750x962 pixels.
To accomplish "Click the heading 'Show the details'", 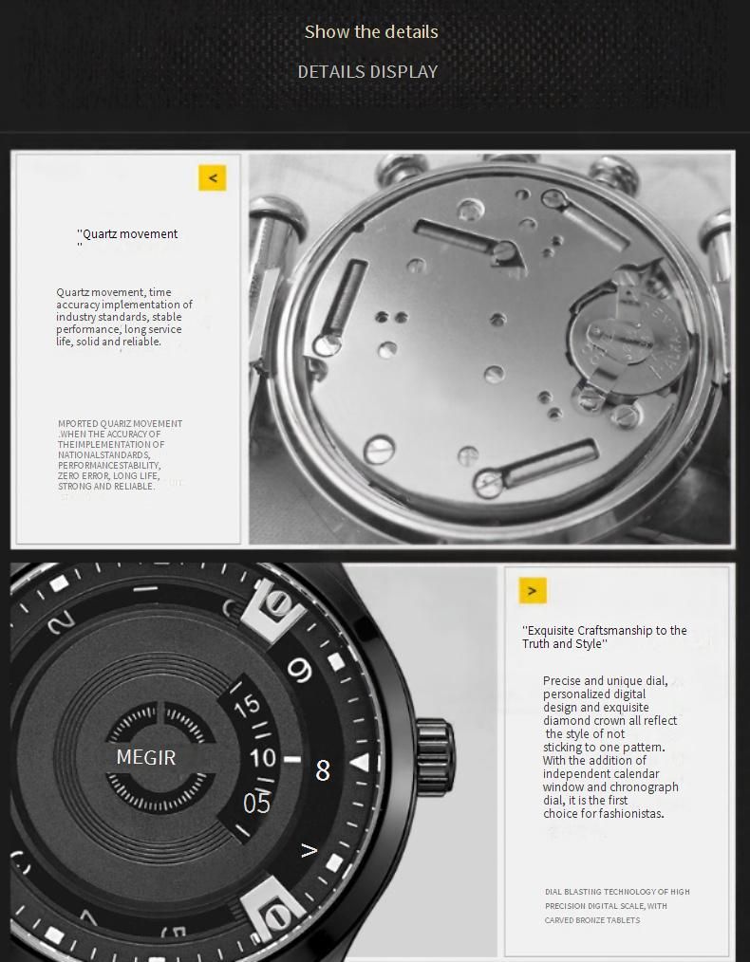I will point(371,31).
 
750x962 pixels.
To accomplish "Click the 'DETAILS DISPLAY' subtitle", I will point(367,71).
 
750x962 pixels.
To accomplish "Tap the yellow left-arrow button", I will point(213,177).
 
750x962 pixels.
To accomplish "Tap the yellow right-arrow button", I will point(533,590).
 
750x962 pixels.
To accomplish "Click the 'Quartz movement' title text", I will point(130,234).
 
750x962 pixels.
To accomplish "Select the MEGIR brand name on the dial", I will point(145,757).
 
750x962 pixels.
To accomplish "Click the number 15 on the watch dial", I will point(247,706).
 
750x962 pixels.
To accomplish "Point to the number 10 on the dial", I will point(262,758).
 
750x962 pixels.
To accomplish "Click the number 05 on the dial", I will point(256,804).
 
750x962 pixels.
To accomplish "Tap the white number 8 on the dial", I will point(323,770).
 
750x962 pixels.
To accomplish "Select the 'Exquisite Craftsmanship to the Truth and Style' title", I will point(604,637).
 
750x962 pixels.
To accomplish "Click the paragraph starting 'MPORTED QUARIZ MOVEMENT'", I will point(120,454).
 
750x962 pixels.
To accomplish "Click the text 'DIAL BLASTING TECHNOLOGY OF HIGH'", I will point(617,892).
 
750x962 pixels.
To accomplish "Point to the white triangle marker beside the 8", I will point(360,763).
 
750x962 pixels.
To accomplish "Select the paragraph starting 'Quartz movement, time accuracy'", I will point(123,317).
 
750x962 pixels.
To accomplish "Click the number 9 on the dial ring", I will point(301,672).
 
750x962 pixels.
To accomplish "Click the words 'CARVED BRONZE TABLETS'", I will point(592,920).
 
